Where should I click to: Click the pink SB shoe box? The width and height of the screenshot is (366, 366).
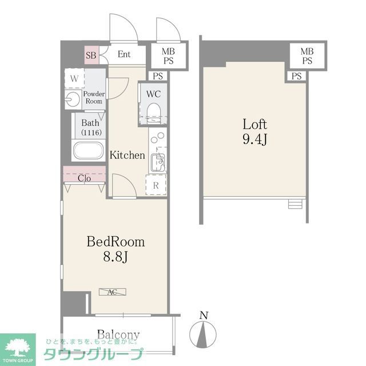click(91, 55)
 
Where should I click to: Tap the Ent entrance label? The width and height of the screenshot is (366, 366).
click(124, 54)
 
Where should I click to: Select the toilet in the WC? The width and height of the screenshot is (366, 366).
click(154, 113)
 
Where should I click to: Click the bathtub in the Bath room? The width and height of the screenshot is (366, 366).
click(89, 150)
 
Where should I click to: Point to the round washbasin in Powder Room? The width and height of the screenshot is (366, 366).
click(73, 99)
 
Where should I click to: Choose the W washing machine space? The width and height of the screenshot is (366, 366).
click(74, 78)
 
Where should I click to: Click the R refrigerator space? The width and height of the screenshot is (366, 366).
click(156, 185)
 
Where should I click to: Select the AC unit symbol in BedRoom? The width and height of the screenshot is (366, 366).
click(113, 292)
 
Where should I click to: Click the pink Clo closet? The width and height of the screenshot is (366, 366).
click(84, 174)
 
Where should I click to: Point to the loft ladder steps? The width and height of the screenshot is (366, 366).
click(295, 204)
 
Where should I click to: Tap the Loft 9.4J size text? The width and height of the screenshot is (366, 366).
click(255, 132)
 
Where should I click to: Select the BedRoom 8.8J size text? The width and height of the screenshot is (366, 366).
click(116, 249)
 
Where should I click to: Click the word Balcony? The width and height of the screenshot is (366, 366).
click(118, 335)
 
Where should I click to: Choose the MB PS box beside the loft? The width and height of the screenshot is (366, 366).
click(307, 56)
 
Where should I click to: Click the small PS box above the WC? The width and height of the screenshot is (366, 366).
click(158, 76)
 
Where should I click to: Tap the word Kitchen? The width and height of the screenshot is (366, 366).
click(127, 155)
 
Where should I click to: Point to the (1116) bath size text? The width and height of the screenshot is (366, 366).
click(91, 133)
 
